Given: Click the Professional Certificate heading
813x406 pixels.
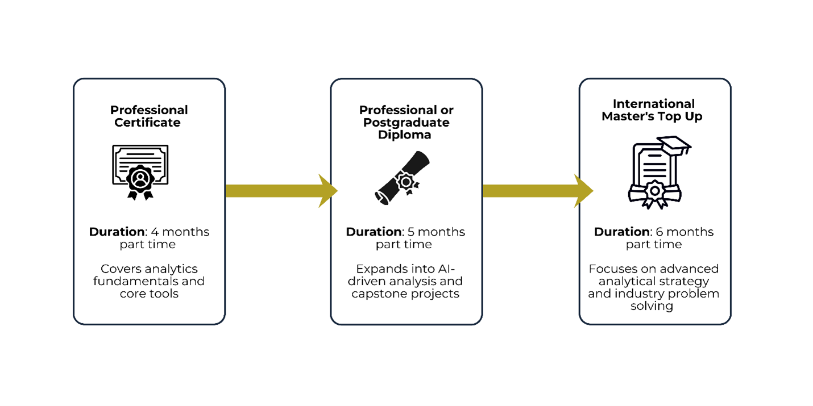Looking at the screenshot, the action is tap(149, 116).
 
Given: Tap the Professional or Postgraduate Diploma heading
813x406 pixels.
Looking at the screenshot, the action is tap(406, 122).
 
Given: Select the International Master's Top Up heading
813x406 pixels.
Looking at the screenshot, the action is tap(653, 110).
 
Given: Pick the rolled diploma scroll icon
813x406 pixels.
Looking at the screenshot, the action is tap(402, 178).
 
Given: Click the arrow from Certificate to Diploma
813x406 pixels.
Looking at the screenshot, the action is tap(281, 191).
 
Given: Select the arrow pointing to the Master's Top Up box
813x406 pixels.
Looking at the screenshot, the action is tap(538, 191).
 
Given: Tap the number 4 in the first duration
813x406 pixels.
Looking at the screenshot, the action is tap(155, 232).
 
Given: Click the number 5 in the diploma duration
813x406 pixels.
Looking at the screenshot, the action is tap(411, 232).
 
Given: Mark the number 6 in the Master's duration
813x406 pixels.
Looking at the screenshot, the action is tap(659, 232).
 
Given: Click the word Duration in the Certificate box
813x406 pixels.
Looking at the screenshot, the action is tap(117, 232).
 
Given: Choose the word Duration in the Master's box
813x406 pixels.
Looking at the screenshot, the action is tap(622, 232).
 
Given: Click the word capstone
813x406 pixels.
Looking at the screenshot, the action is tap(375, 294).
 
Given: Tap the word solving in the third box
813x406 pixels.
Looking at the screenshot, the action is tap(652, 306).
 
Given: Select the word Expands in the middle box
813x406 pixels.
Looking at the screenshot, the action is tap(381, 269).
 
